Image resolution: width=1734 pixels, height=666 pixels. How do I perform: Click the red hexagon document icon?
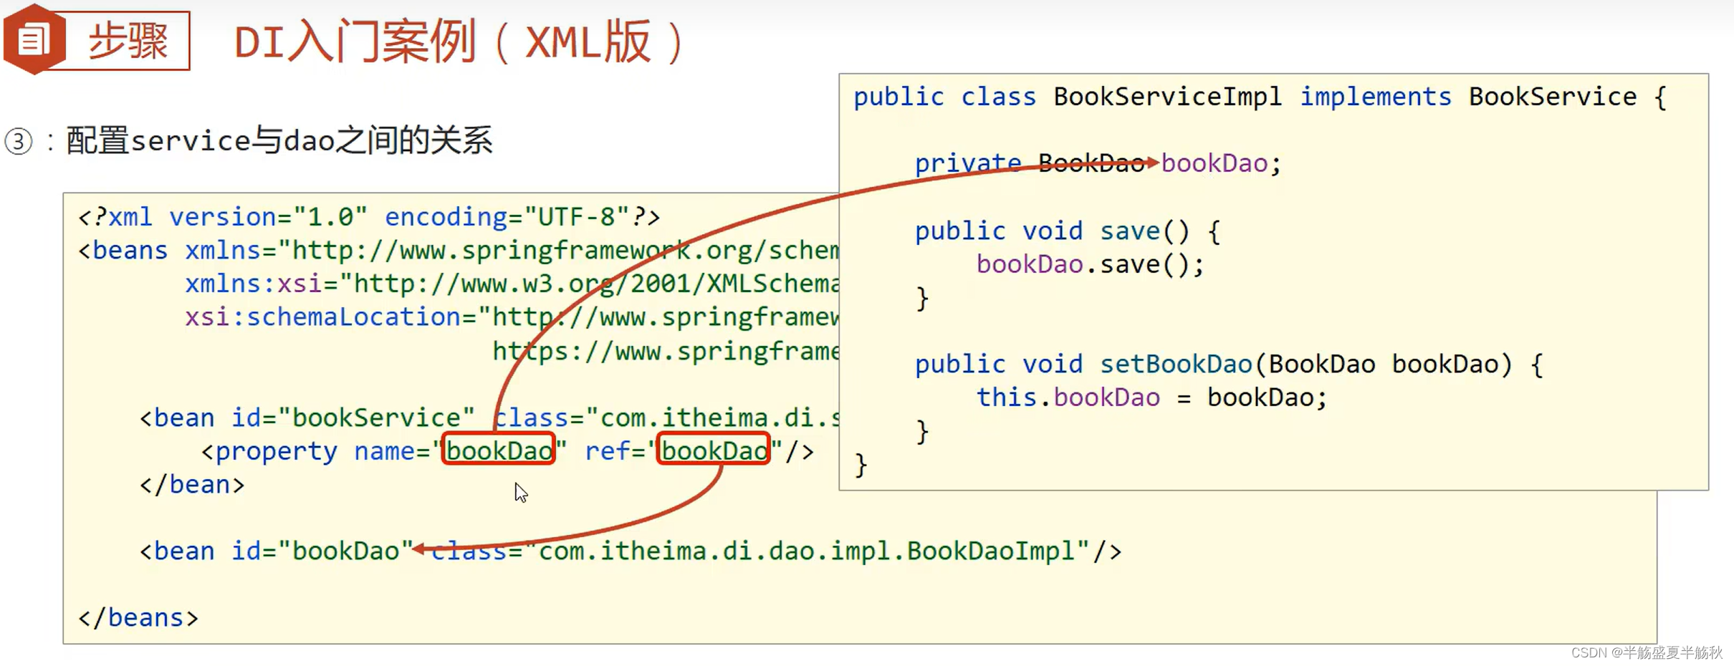point(34,39)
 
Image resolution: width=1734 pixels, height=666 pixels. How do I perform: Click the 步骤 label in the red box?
point(128,41)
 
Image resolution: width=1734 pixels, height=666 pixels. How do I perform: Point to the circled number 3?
point(19,141)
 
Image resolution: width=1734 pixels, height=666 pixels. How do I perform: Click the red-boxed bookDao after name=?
point(499,450)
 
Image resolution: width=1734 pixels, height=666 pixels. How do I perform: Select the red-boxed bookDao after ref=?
point(714,450)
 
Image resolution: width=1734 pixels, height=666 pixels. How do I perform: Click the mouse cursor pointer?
point(520,492)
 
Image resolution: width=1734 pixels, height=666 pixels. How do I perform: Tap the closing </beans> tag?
point(138,617)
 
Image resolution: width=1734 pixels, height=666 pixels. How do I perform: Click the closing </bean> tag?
point(192,485)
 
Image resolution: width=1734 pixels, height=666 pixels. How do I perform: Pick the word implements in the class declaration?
point(1375,97)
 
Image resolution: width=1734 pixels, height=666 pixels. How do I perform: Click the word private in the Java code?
point(967,163)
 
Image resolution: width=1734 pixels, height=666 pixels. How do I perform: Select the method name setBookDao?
point(1175,365)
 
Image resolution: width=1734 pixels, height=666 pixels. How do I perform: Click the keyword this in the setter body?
point(1006,397)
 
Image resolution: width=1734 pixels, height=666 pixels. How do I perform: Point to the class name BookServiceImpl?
point(1167,97)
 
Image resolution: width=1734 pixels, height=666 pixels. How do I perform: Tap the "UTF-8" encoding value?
point(576,216)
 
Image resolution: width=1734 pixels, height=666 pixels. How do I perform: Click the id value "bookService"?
point(376,418)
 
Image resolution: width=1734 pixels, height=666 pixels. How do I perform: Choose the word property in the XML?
point(276,451)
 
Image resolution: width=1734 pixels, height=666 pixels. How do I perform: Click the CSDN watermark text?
point(1646,652)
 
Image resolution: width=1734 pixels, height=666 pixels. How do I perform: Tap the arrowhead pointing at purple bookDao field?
point(1152,163)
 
